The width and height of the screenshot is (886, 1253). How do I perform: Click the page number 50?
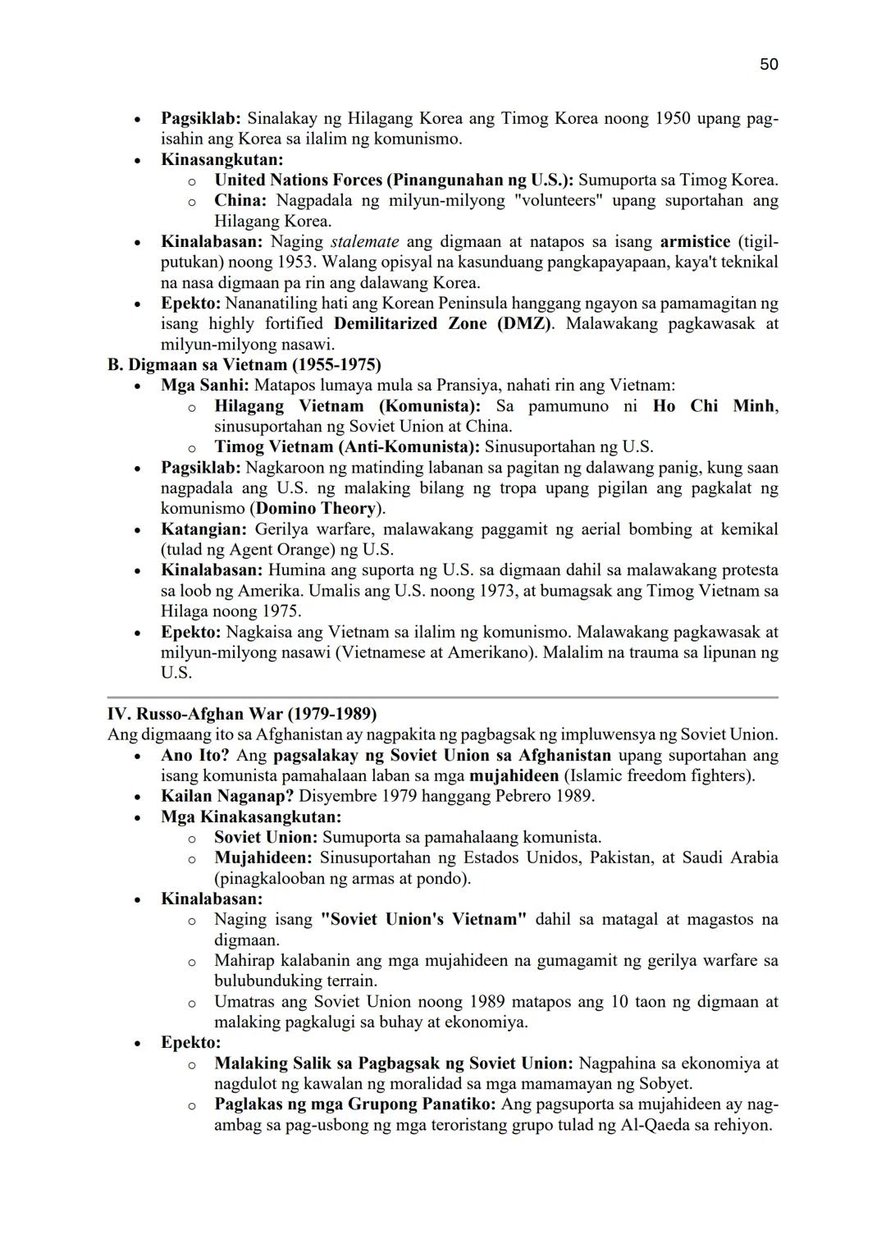point(769,64)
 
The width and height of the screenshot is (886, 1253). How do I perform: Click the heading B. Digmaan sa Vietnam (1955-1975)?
point(244,364)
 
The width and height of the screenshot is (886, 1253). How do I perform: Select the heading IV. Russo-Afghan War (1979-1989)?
point(242,713)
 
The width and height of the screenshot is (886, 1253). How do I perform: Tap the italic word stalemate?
point(365,241)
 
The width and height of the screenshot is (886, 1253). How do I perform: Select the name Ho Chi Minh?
point(714,405)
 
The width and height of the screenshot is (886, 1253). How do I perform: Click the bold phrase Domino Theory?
point(316,508)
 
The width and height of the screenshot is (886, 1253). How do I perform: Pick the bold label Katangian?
point(203,528)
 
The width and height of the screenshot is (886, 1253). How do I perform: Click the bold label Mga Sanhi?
point(205,385)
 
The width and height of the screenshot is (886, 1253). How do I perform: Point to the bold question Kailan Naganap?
point(227,795)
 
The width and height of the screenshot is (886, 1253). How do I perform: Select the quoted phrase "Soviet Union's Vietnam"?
point(424,919)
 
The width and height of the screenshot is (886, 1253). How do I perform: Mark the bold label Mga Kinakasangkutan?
point(251,816)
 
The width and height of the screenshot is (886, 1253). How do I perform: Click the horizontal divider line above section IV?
point(443,697)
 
